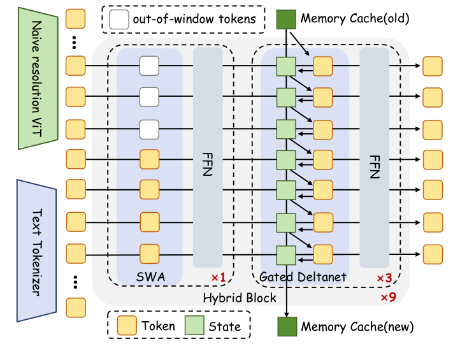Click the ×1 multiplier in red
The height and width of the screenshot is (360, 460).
coord(218,278)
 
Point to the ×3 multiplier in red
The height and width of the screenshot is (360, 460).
coord(384,278)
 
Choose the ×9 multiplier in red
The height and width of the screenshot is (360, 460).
coord(389,297)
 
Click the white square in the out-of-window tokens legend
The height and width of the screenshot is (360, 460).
coord(119,19)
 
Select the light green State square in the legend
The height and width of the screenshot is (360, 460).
coord(194,326)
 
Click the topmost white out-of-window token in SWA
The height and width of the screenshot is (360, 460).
coord(149,65)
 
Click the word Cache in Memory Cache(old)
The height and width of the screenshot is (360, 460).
coord(362,19)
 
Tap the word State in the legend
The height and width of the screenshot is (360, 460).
coord(225,327)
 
